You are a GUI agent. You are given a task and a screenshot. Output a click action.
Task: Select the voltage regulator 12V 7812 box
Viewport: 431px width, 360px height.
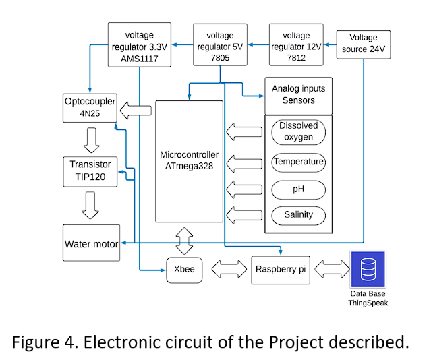tap(296, 44)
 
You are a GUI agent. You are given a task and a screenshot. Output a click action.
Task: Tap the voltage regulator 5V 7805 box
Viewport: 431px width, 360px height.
tap(221, 44)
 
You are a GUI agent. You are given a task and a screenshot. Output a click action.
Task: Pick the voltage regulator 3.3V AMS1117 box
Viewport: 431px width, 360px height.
tap(140, 44)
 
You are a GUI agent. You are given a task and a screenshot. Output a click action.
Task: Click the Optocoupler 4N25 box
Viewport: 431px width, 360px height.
tap(88, 108)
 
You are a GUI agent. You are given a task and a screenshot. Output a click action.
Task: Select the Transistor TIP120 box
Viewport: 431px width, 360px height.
tap(91, 172)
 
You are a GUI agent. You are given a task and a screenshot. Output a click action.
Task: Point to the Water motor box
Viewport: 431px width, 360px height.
tap(91, 243)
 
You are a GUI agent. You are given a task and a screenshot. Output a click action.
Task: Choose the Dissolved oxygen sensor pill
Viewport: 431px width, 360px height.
tap(297, 131)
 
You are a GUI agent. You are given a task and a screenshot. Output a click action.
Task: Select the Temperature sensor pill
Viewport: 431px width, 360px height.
tap(297, 162)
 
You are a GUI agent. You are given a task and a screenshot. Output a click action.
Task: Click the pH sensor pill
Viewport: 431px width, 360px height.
tap(297, 189)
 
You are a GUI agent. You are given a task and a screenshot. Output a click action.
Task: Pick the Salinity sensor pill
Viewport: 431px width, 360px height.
tap(297, 216)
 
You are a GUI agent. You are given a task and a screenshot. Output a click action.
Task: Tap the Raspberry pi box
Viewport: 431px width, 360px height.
tap(281, 269)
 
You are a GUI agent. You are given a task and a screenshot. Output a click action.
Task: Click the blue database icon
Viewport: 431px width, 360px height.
tap(368, 270)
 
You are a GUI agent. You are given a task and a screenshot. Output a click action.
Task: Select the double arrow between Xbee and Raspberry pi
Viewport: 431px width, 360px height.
tap(227, 270)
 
